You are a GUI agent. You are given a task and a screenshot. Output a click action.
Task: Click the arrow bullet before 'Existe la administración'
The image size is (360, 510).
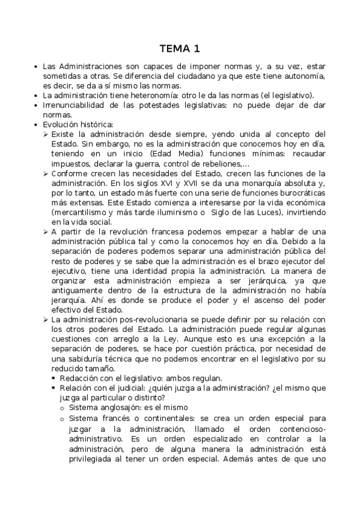click(46, 134)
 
